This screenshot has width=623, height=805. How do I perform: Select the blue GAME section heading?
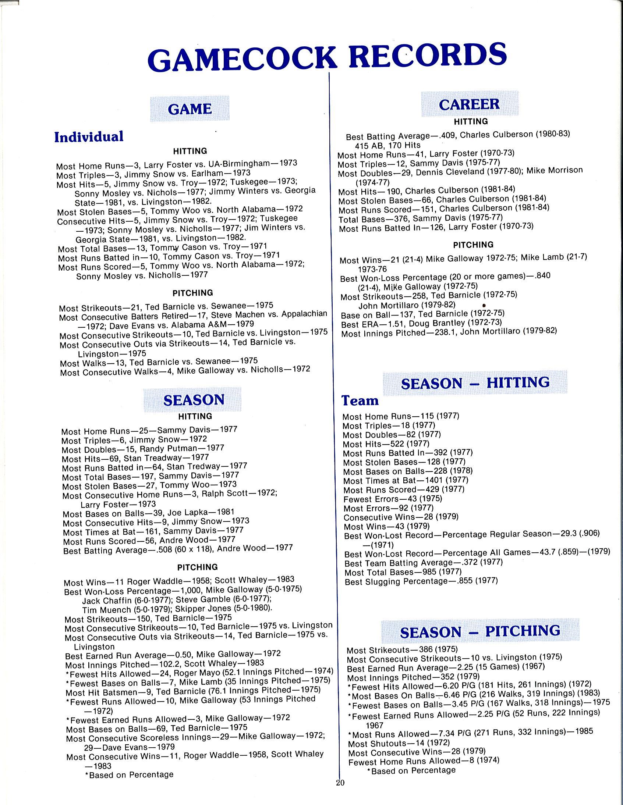tap(190, 109)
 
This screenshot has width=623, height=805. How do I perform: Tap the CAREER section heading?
tap(469, 104)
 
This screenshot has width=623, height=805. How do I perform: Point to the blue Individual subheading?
tap(89, 137)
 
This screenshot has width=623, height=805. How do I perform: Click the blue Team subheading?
tap(360, 400)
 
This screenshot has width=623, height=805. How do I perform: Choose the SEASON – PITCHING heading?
tap(480, 632)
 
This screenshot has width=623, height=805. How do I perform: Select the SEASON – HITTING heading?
tap(475, 383)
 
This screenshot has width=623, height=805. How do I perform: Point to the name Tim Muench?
tap(107, 610)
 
